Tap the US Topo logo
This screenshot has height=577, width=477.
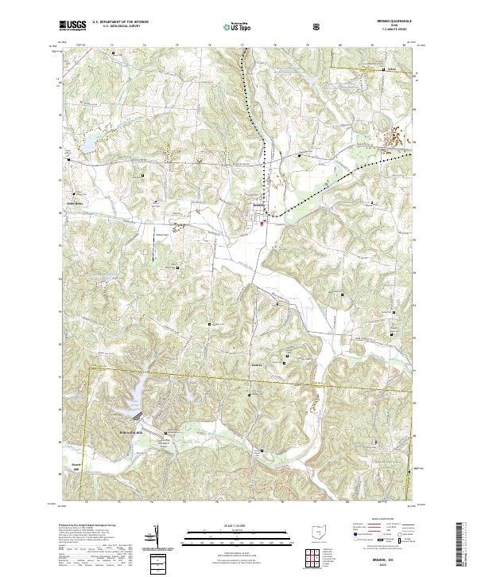238,25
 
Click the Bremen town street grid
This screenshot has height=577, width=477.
260,212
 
